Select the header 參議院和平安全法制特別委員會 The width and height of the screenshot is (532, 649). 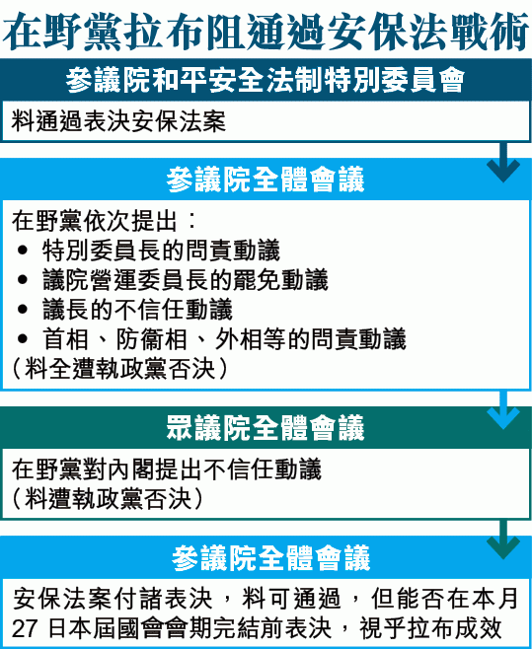[x=266, y=80]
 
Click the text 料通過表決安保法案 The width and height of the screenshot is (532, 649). [x=118, y=121]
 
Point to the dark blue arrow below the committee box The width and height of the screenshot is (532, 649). [x=503, y=162]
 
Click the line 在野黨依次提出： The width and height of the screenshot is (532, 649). [x=104, y=221]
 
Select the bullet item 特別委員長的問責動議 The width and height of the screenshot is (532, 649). [x=161, y=251]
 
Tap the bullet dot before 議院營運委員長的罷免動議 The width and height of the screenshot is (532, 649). [x=23, y=280]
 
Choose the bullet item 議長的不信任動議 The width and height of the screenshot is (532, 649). [x=137, y=309]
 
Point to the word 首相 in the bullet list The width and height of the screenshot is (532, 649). [x=66, y=339]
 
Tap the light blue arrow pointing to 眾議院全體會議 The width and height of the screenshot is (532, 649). [x=503, y=409]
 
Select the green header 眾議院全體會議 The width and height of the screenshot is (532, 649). [x=266, y=427]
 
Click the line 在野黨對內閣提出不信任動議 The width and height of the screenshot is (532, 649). [x=167, y=469]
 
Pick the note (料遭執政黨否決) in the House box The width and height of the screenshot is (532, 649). [x=108, y=499]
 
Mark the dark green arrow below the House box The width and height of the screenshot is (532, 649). [x=503, y=540]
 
